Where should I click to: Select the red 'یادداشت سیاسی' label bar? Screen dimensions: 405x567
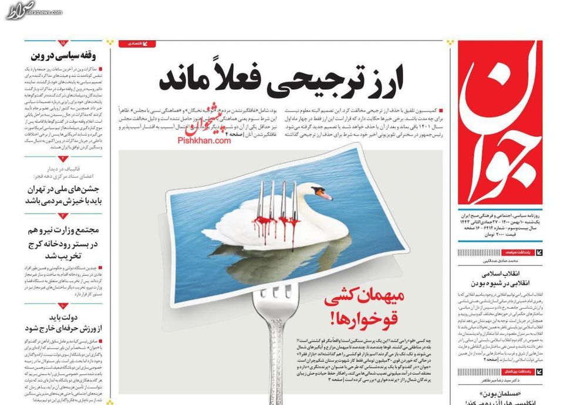pos(517,252)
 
